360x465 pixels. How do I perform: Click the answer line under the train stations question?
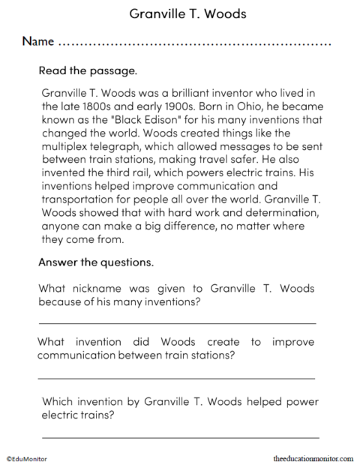pos(176,377)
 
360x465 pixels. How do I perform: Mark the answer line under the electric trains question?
pos(180,435)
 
